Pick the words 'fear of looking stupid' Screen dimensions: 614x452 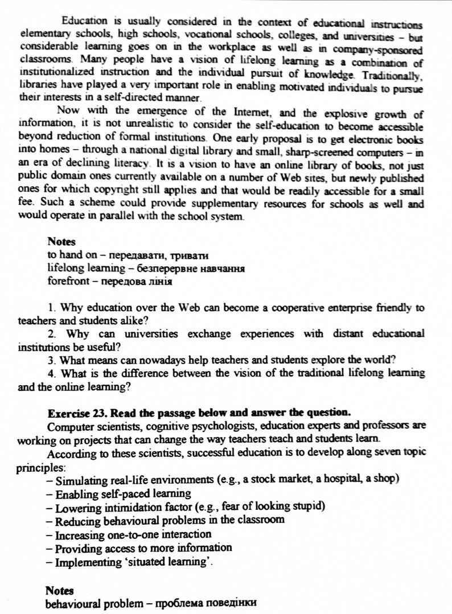[x=275, y=506]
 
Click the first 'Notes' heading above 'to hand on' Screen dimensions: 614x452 [x=61, y=241]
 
